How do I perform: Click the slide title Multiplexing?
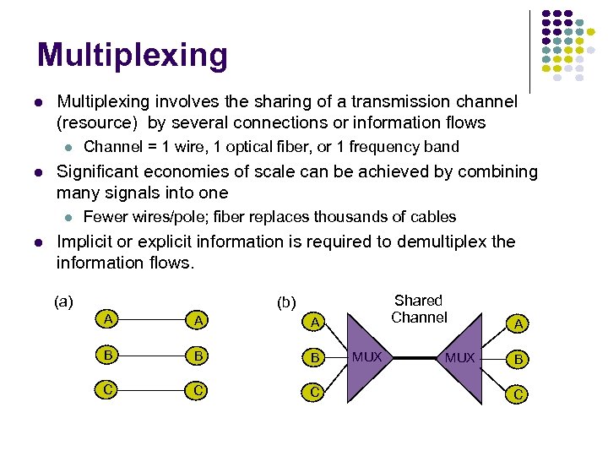click(133, 55)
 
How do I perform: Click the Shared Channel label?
click(419, 309)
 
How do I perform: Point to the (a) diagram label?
click(63, 301)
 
